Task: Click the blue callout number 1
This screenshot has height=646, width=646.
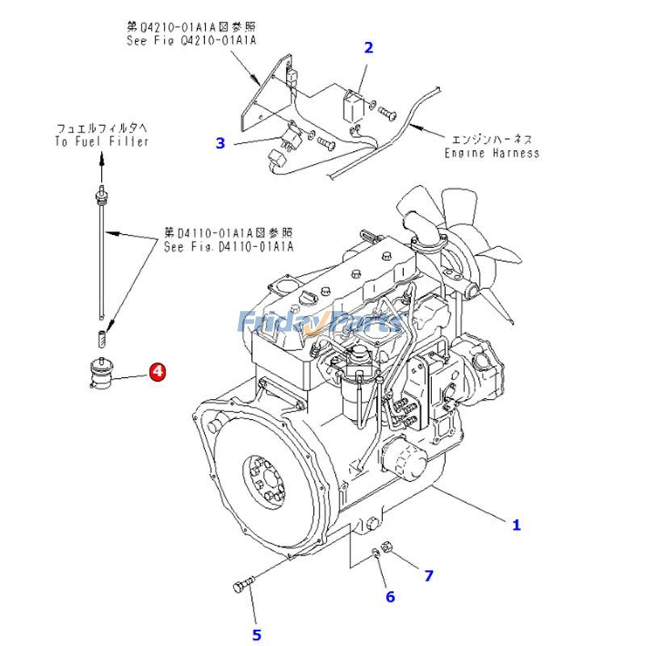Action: coord(516,525)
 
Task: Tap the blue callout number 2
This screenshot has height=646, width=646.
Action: coord(368,48)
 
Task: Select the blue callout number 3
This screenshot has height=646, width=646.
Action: coord(220,144)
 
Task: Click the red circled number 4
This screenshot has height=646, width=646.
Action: coord(157,372)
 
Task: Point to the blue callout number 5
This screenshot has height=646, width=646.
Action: coord(257,636)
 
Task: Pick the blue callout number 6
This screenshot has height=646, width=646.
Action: coord(390,597)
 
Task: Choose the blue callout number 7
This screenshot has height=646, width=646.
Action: coord(429,576)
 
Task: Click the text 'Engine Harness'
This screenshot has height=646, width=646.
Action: coord(492,153)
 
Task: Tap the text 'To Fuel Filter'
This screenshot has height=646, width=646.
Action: coord(102,141)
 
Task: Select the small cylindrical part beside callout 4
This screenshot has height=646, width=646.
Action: coord(101,372)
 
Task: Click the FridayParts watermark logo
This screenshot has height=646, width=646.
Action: coord(319,322)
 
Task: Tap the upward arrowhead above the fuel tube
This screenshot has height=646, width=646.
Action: coord(102,160)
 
